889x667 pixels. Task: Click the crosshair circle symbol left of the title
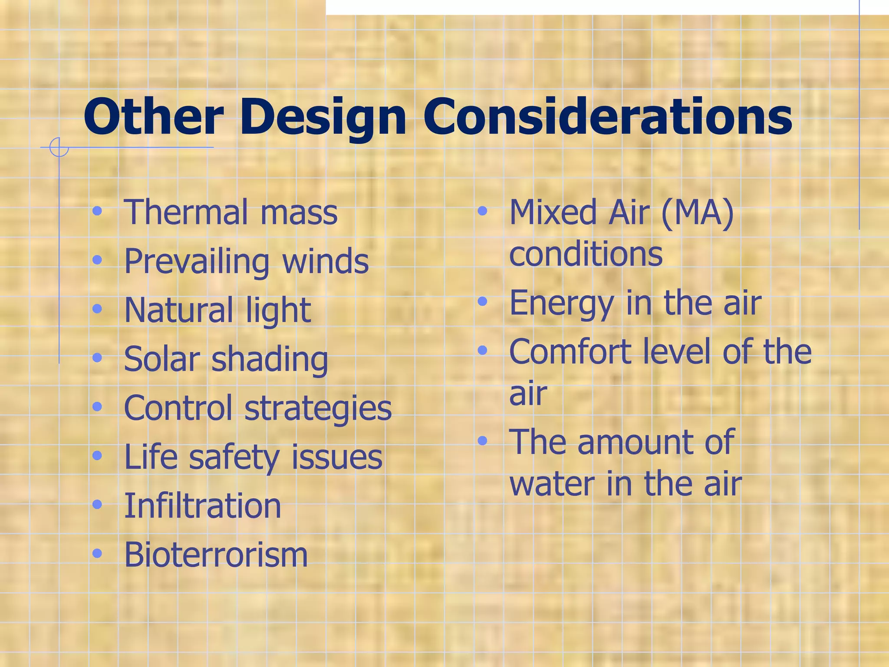[x=59, y=147]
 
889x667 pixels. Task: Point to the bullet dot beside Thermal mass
[x=97, y=211]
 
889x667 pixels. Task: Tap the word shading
[x=270, y=360]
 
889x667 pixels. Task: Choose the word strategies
[x=318, y=409]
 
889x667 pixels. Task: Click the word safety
[x=235, y=458]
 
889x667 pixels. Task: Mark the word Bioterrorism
[x=216, y=555]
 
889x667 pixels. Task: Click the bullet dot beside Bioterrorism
[x=97, y=554]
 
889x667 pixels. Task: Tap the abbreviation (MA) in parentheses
[x=698, y=213]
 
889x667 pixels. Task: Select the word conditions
[x=586, y=254]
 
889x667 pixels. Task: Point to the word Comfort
[x=569, y=351]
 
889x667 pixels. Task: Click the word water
[x=552, y=483]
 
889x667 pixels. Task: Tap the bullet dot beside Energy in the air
[x=482, y=301]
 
